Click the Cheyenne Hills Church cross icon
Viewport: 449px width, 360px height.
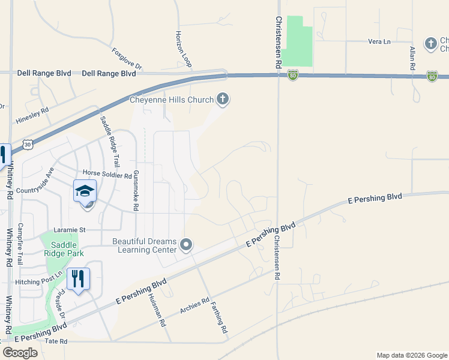(x=223, y=99)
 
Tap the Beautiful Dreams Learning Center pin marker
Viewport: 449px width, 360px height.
(x=186, y=244)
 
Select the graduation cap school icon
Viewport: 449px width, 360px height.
(x=85, y=191)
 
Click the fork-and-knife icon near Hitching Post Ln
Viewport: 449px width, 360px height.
(x=78, y=278)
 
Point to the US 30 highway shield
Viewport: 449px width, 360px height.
(x=28, y=145)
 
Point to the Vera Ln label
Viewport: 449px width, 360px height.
(x=379, y=41)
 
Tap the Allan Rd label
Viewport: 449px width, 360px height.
(x=413, y=59)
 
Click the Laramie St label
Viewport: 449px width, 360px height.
(x=70, y=229)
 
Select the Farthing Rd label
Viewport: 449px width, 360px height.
(x=219, y=317)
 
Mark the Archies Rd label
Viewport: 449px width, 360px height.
(x=194, y=306)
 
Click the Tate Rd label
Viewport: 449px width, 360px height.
(x=55, y=341)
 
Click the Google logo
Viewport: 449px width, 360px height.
(x=20, y=352)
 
